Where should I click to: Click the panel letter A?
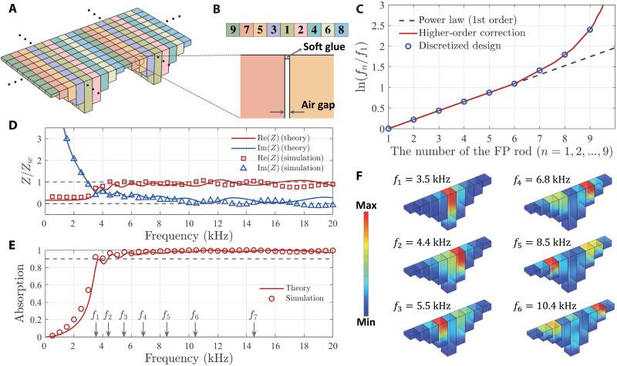pyautogui.click(x=8, y=8)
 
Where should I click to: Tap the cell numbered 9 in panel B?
pyautogui.click(x=232, y=32)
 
